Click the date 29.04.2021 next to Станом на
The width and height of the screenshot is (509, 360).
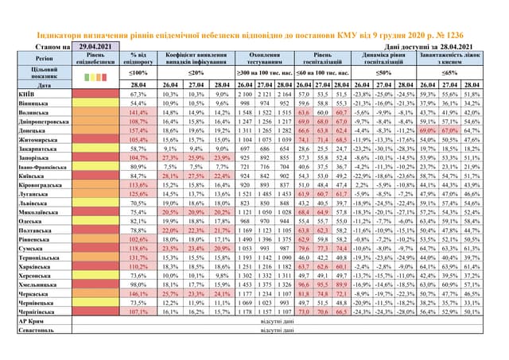coord(92,48)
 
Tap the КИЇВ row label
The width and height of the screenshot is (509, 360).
coord(24,94)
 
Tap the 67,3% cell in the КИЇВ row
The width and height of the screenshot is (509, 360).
coord(139,94)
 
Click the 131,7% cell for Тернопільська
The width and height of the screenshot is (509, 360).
coord(139,259)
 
